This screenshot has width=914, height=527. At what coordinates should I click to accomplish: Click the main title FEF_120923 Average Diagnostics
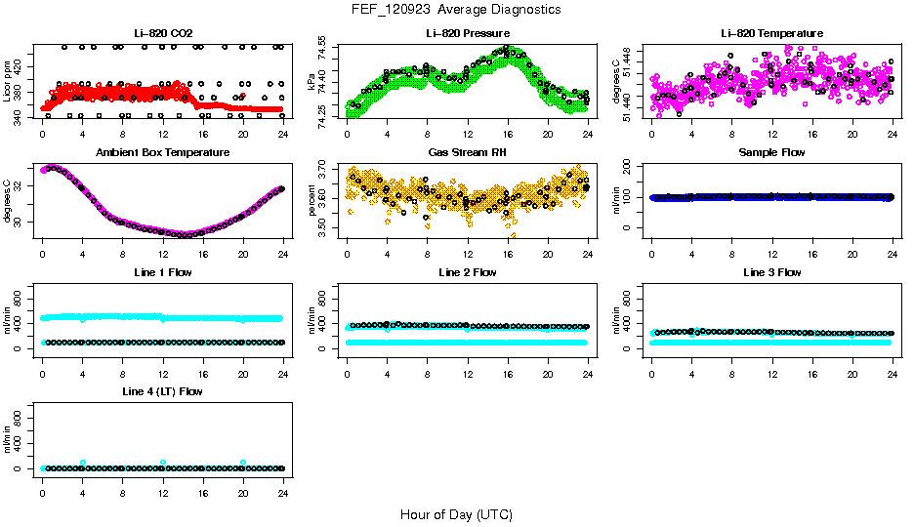[x=457, y=9]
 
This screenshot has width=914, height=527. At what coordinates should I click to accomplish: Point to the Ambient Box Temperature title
[x=163, y=152]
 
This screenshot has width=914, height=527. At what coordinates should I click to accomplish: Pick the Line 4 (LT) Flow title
[x=163, y=391]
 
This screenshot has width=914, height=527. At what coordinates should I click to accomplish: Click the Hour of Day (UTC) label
[x=456, y=514]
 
